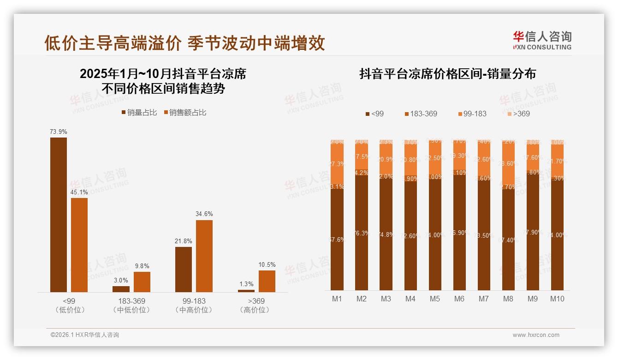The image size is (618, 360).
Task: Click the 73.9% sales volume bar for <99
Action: click(x=59, y=215)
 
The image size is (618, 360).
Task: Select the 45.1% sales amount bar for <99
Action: click(x=79, y=245)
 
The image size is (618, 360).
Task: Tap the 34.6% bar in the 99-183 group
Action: click(x=204, y=256)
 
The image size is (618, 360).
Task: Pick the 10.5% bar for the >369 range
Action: click(x=267, y=281)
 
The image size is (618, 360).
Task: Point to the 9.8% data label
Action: click(x=142, y=266)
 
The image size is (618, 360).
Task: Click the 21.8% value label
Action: click(x=184, y=241)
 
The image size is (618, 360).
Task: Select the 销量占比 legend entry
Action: click(x=139, y=113)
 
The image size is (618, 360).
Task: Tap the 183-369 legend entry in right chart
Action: click(x=421, y=114)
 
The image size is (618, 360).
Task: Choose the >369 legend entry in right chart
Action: click(x=518, y=114)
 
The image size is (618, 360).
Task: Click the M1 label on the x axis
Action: click(x=337, y=299)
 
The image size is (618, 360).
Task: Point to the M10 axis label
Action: click(x=557, y=299)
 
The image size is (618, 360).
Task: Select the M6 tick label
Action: click(x=459, y=299)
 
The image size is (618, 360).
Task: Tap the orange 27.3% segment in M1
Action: click(x=337, y=164)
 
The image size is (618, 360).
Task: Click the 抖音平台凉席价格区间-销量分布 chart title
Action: click(x=447, y=74)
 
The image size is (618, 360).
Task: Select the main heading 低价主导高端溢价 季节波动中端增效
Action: click(x=184, y=43)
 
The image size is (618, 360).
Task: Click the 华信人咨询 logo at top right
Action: click(x=542, y=40)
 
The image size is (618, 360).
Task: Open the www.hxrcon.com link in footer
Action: click(x=536, y=335)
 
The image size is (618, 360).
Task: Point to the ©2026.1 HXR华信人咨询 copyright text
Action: click(x=85, y=335)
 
